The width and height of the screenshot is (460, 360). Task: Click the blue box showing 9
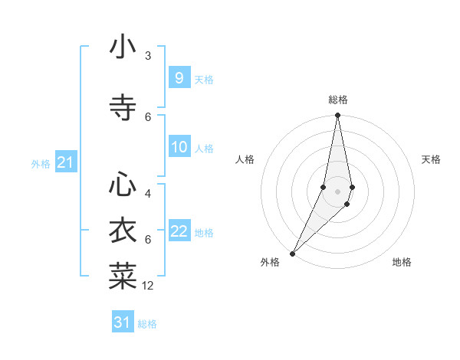click(179, 78)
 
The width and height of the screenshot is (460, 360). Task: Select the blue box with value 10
click(179, 147)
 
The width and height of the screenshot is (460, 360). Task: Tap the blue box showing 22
click(179, 231)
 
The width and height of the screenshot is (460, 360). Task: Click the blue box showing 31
click(123, 322)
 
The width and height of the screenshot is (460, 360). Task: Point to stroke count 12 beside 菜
click(148, 286)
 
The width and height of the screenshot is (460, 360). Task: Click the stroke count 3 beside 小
click(148, 55)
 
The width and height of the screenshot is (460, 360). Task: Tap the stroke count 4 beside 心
click(148, 194)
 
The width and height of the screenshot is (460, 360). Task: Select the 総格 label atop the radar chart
click(338, 100)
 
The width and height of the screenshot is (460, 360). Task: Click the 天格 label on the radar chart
click(432, 159)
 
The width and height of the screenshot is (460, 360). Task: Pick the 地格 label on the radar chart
click(402, 262)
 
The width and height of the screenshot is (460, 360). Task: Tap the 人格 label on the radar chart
click(245, 159)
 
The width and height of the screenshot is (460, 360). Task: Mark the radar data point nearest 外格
click(292, 254)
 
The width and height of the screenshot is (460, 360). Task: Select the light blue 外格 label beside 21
click(41, 163)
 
